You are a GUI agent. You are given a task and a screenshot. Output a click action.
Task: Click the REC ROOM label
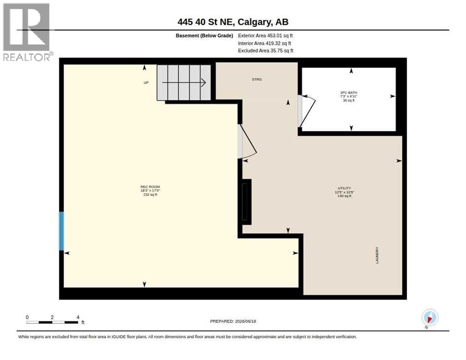point(150,187)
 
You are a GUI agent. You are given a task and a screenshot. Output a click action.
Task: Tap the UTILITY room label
point(344,188)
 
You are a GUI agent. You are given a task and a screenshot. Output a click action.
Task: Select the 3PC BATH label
point(349,93)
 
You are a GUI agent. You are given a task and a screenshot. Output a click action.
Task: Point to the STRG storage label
point(257,79)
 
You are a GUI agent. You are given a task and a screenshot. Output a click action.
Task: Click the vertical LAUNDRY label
point(377,255)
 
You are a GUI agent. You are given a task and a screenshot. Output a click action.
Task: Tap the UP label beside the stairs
point(146,82)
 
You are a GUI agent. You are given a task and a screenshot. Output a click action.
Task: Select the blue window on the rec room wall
point(61,231)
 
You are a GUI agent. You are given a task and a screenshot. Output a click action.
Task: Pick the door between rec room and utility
point(247,142)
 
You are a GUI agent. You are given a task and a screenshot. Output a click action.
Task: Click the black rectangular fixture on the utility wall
point(247,202)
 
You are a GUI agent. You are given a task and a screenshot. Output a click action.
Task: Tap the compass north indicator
point(430,317)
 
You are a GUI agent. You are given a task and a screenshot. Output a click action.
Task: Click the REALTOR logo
point(27,32)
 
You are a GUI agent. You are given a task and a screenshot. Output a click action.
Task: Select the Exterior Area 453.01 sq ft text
point(265,36)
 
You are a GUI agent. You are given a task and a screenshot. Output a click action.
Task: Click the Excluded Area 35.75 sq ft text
point(265,51)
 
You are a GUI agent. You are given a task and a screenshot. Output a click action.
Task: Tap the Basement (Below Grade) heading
point(204,36)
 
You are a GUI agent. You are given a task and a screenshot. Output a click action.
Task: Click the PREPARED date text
point(233,322)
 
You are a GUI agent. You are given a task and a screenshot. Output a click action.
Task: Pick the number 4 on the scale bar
point(78,317)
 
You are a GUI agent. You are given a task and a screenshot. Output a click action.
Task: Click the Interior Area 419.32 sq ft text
point(264,44)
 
